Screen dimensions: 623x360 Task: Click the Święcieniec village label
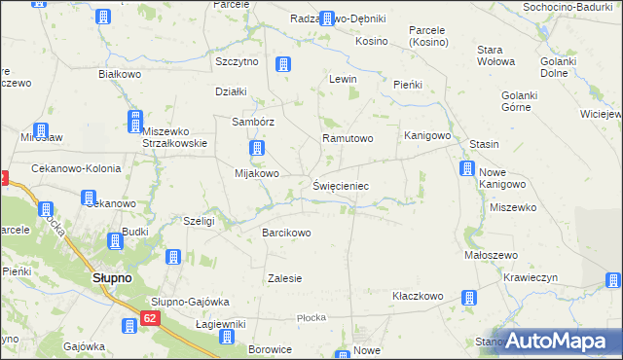(x=341, y=184)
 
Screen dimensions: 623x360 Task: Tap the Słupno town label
(x=112, y=277)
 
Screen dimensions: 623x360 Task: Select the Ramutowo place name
(x=348, y=138)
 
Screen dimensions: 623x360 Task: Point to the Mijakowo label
(x=257, y=174)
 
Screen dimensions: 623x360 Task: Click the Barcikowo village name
(x=286, y=233)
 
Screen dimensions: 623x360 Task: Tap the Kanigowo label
(x=427, y=135)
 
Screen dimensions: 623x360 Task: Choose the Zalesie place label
(x=285, y=278)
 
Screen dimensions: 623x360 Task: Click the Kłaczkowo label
(x=418, y=296)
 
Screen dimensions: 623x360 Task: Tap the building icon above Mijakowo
(x=257, y=149)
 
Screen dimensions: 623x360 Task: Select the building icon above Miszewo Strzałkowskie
(x=134, y=120)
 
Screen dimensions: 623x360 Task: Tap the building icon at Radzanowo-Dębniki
(x=327, y=18)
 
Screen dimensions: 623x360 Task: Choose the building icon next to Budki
(x=115, y=239)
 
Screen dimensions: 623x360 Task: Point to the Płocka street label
(x=311, y=317)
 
